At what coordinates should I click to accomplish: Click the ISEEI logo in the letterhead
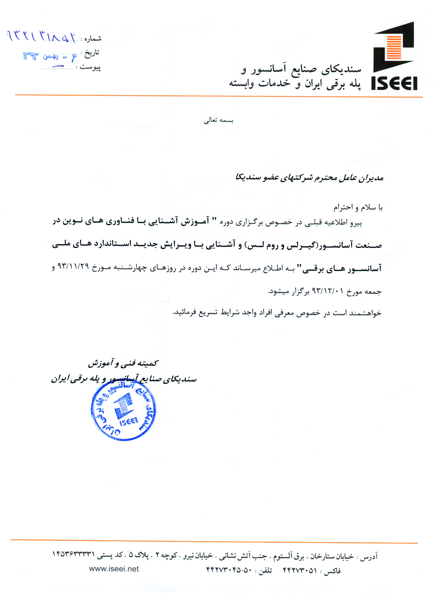tap(394, 56)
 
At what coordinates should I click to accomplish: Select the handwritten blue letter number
tap(41, 37)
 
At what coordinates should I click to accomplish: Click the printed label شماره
tap(93, 39)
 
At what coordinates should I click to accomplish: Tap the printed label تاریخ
tap(92, 52)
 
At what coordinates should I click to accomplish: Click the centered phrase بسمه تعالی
tap(218, 120)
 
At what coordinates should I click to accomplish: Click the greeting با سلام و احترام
tap(358, 207)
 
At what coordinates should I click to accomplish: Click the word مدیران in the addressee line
tap(371, 177)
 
